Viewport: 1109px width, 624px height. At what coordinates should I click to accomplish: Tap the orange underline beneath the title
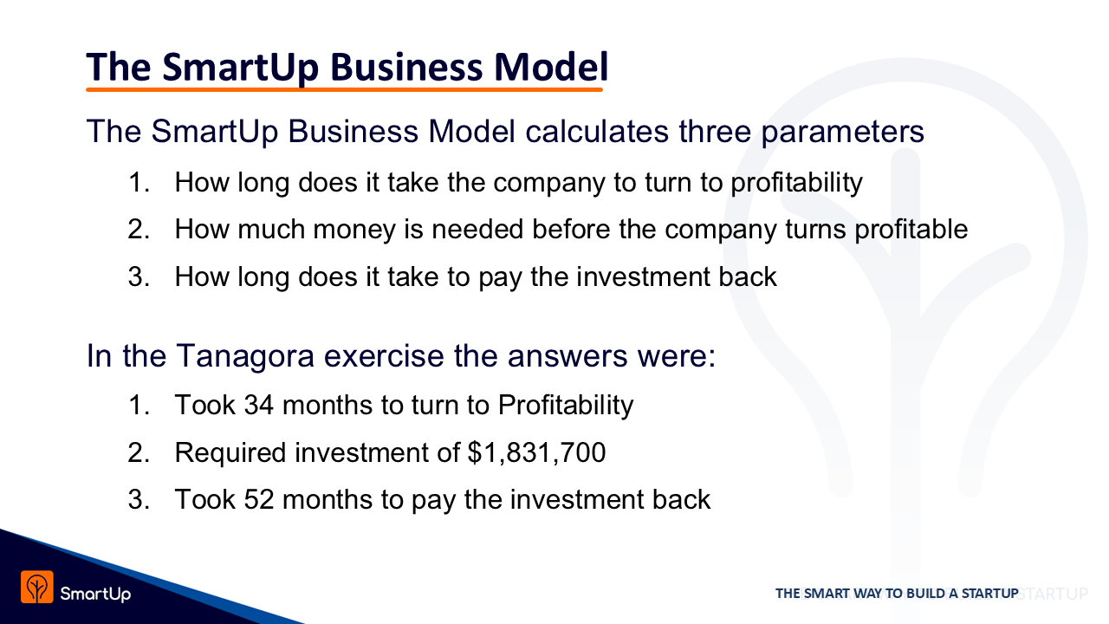tap(344, 89)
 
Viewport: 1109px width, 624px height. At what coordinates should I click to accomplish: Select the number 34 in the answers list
tap(258, 405)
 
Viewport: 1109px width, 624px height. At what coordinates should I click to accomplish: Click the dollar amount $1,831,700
tap(536, 452)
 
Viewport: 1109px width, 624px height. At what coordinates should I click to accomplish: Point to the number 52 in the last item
tap(258, 499)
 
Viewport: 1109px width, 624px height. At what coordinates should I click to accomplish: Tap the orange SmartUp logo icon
tap(37, 587)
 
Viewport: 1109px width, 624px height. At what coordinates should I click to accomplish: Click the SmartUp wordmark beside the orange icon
tap(95, 594)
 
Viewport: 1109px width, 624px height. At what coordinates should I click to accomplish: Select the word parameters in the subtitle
tap(843, 132)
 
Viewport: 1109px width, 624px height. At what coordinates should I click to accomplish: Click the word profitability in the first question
tap(796, 183)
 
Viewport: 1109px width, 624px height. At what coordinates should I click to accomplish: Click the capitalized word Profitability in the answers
tap(566, 406)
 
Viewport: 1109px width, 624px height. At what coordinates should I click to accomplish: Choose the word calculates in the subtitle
tap(597, 131)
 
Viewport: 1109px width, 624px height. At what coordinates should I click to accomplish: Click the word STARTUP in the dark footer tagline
tap(989, 594)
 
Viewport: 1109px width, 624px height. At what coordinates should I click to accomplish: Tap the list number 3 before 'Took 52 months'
tap(138, 499)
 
